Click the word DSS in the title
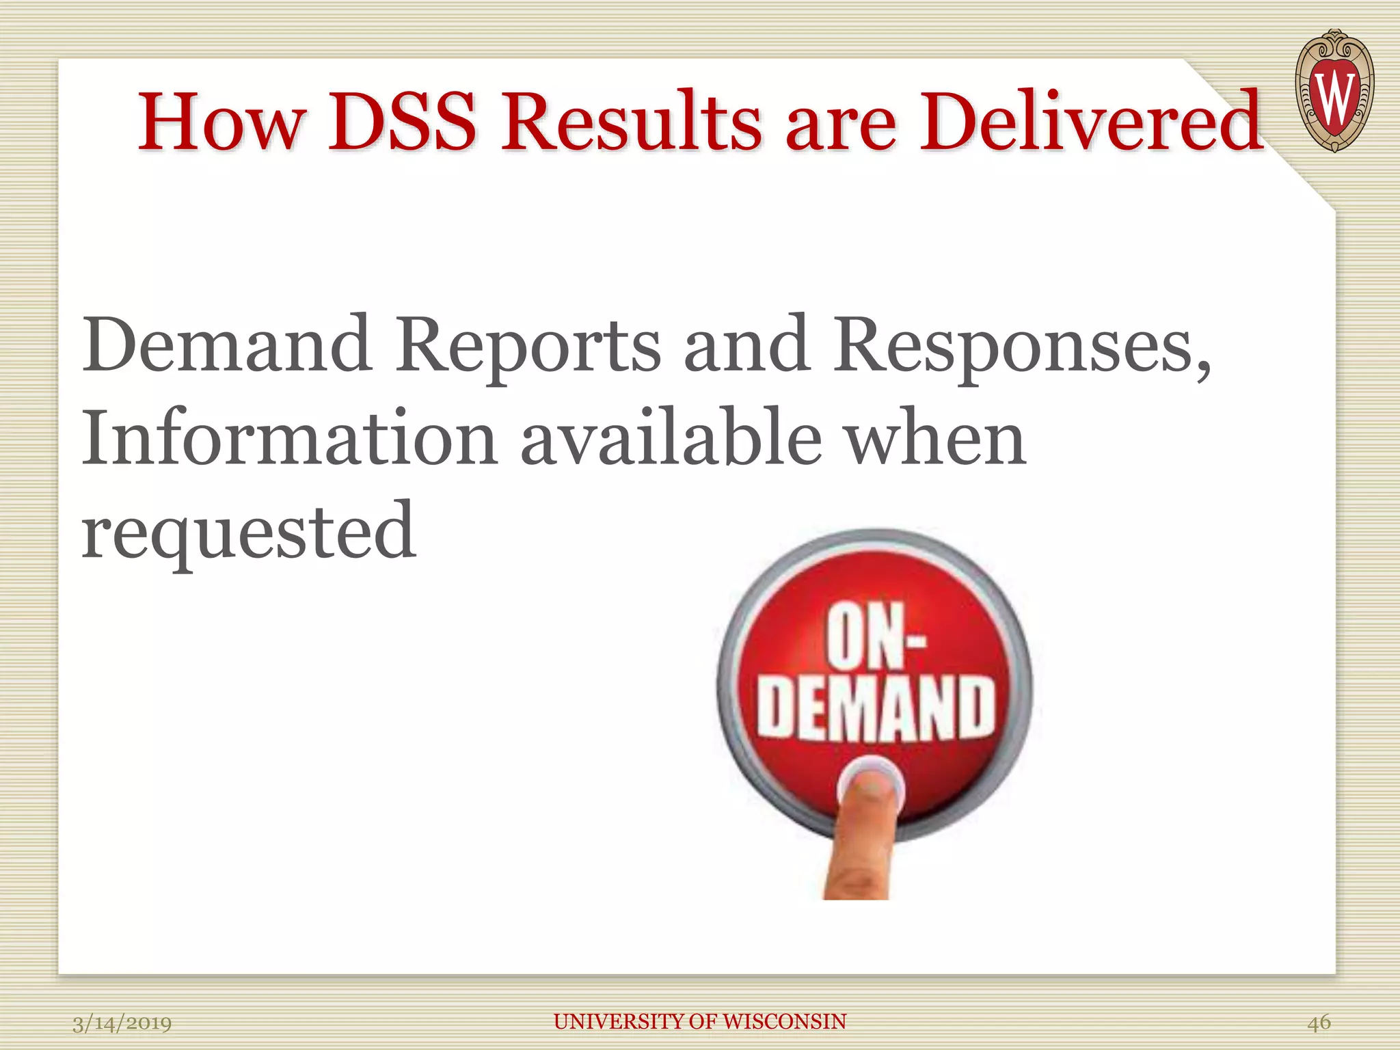[x=402, y=122]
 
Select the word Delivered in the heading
[x=1091, y=122]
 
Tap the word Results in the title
[x=630, y=122]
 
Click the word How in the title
[x=220, y=122]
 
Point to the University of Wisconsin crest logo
[x=1334, y=91]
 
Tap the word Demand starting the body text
[x=227, y=345]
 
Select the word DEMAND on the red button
[x=876, y=709]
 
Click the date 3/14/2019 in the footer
[x=122, y=1023]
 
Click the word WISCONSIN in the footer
[x=784, y=1021]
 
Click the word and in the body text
[x=746, y=345]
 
